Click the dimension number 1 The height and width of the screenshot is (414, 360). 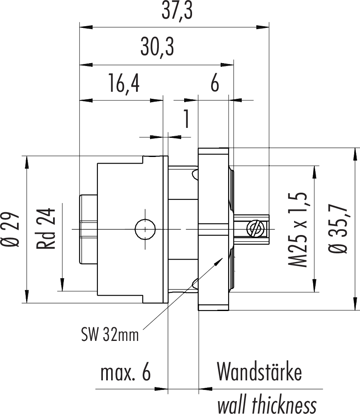click(187, 120)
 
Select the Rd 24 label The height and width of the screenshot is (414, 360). click(46, 228)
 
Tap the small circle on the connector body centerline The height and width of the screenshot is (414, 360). click(145, 229)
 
